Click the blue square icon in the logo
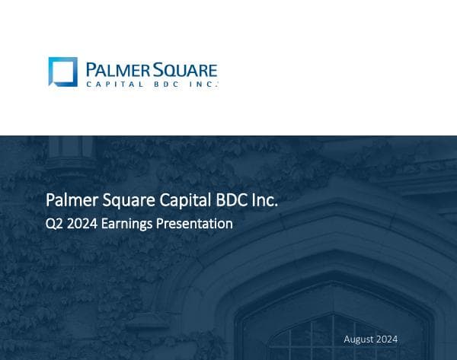pyautogui.click(x=62, y=72)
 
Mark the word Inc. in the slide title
pyautogui.click(x=264, y=200)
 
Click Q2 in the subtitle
pyautogui.click(x=55, y=224)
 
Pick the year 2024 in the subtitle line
pyautogui.click(x=83, y=224)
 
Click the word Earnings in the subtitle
pyautogui.click(x=127, y=225)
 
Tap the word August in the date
pyautogui.click(x=358, y=339)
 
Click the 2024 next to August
pyautogui.click(x=386, y=339)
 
